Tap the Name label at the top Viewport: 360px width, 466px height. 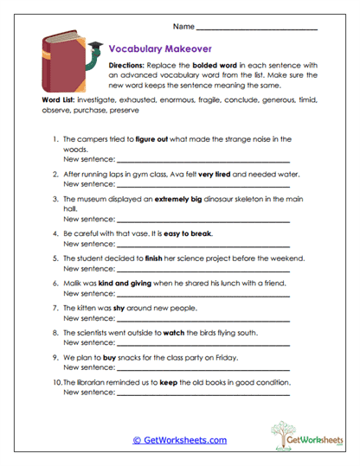pos(183,27)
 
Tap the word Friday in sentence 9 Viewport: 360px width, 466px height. pos(238,355)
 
